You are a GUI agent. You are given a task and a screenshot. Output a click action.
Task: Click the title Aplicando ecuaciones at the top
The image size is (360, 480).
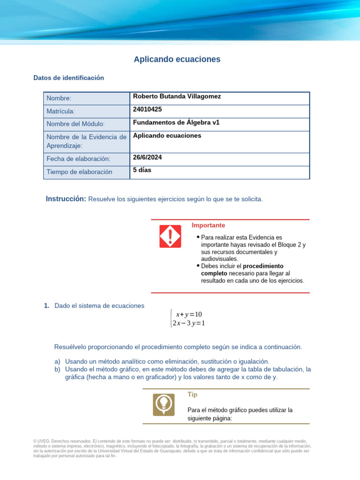click(177, 60)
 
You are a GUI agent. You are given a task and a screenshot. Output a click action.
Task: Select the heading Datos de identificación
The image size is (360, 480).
click(68, 78)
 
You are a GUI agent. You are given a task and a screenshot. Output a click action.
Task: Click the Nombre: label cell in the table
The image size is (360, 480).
click(59, 98)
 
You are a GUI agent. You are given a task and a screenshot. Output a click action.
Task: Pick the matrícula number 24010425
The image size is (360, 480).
click(147, 110)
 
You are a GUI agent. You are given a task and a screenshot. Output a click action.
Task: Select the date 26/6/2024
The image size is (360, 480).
click(147, 157)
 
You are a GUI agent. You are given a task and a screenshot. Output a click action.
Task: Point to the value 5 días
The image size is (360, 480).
click(142, 170)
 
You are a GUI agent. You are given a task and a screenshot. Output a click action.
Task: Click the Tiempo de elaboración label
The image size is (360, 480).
click(79, 172)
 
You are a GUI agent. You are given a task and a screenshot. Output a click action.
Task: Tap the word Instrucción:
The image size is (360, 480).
click(66, 199)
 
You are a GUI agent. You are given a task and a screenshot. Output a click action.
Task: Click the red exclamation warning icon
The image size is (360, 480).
click(170, 236)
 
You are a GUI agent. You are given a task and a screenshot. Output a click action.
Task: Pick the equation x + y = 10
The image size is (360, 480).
click(188, 314)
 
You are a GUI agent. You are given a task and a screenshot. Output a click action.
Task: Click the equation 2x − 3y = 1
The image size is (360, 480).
click(188, 323)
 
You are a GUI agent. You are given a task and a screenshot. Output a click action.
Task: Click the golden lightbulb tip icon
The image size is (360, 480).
click(164, 405)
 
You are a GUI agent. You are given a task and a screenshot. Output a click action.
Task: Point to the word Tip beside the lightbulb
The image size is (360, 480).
click(192, 395)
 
